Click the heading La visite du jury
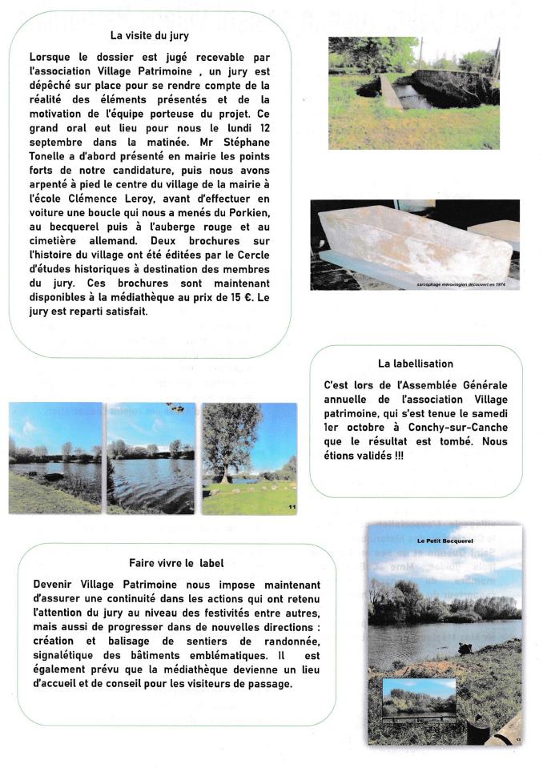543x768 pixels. [150, 35]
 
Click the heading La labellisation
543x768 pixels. [416, 364]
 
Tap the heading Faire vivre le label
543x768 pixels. [176, 562]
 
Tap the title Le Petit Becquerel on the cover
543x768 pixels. [444, 541]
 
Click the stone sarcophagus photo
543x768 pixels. [415, 244]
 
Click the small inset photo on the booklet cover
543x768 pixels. [419, 698]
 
